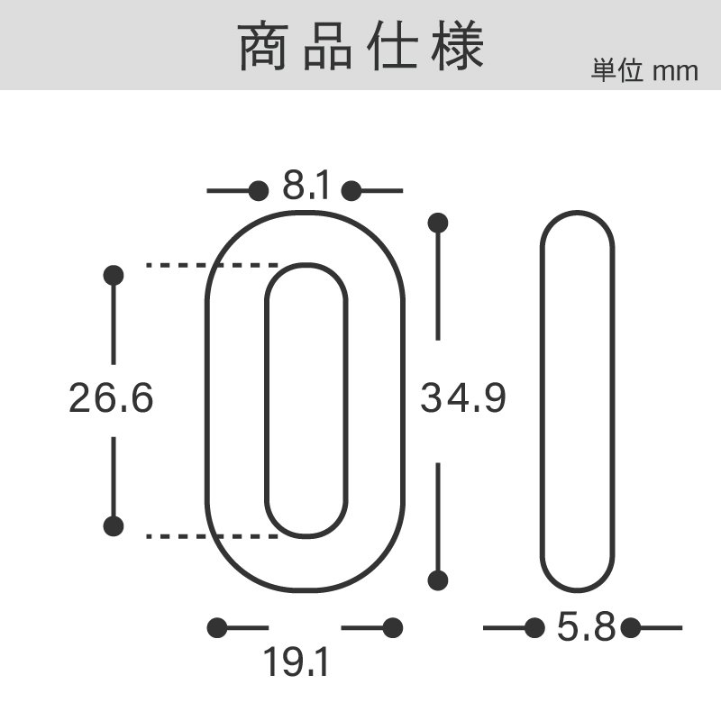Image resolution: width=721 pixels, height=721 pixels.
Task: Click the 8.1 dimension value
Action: pyautogui.click(x=306, y=185)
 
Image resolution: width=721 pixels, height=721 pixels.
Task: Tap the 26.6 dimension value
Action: pyautogui.click(x=111, y=397)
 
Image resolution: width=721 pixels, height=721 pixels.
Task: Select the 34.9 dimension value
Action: pyautogui.click(x=463, y=397)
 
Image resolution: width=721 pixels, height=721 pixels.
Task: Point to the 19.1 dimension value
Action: pyautogui.click(x=297, y=662)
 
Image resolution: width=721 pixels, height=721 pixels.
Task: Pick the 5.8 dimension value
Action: pyautogui.click(x=586, y=626)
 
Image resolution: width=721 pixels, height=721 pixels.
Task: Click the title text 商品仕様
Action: pyautogui.click(x=361, y=46)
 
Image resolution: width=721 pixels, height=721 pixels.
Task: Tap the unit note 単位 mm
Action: pyautogui.click(x=644, y=71)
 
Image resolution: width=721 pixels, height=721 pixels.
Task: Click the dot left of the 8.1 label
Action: pyautogui.click(x=259, y=190)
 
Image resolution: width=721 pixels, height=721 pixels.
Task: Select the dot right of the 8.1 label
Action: pyautogui.click(x=351, y=190)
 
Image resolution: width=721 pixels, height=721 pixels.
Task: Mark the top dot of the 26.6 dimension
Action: pyautogui.click(x=114, y=276)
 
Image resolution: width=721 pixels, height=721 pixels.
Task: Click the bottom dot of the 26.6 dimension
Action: pyautogui.click(x=114, y=526)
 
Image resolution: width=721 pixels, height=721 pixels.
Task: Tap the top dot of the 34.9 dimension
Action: pyautogui.click(x=438, y=223)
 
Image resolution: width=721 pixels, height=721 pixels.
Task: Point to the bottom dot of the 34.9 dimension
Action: pyautogui.click(x=438, y=580)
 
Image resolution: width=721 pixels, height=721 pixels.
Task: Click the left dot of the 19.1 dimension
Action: pyautogui.click(x=217, y=627)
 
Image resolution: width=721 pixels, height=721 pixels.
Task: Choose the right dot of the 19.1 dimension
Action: pyautogui.click(x=393, y=627)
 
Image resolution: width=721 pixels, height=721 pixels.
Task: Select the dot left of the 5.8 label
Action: pyautogui.click(x=534, y=627)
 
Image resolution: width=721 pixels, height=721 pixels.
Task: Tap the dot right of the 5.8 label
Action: pyautogui.click(x=630, y=627)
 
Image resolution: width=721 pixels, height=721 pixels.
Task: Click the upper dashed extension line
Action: pyautogui.click(x=212, y=265)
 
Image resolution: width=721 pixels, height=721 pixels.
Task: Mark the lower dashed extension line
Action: pyautogui.click(x=212, y=536)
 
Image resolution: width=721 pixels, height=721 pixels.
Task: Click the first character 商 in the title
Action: pyautogui.click(x=263, y=46)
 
